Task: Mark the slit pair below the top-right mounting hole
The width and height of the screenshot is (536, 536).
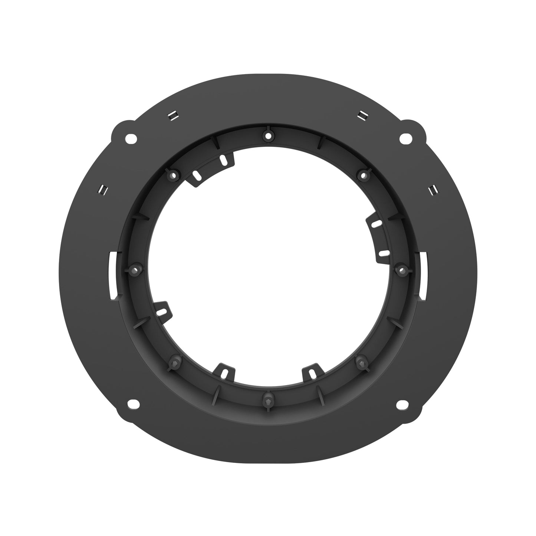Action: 432,190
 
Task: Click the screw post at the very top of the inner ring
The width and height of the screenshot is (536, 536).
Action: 267,135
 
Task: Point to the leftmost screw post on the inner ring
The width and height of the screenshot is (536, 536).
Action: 135,268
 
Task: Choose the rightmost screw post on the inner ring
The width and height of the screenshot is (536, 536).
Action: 401,268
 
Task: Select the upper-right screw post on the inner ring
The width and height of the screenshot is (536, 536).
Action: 363,174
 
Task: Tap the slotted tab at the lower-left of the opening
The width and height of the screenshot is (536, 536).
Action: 162,309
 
